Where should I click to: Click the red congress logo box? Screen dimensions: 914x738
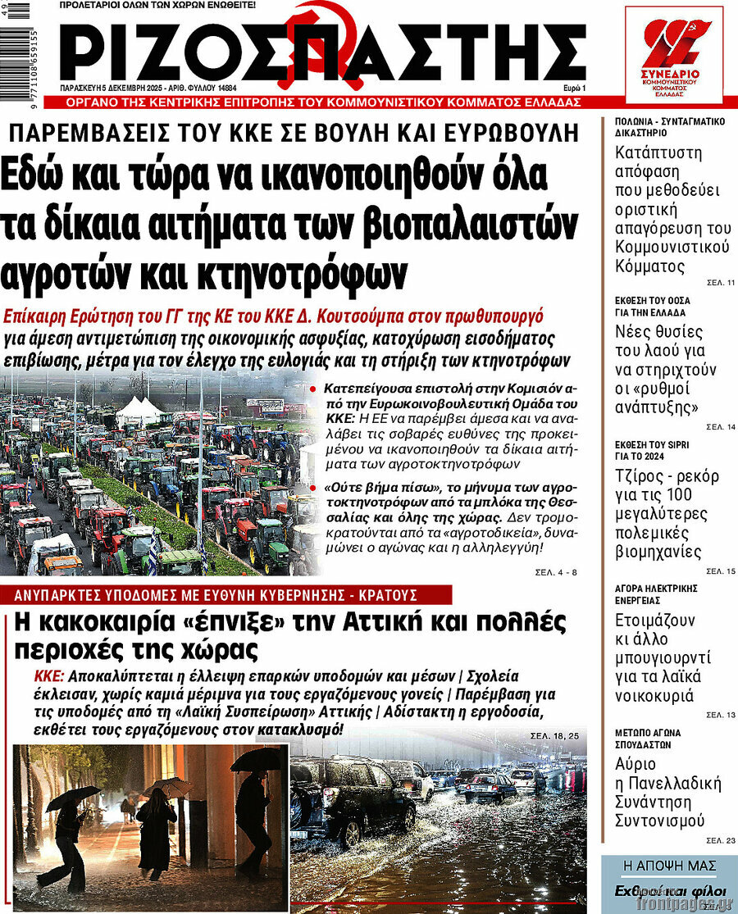click(x=673, y=55)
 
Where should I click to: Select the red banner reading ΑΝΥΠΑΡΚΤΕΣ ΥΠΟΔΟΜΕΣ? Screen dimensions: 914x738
click(x=225, y=594)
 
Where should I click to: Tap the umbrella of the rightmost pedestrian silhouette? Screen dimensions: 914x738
click(x=255, y=758)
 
